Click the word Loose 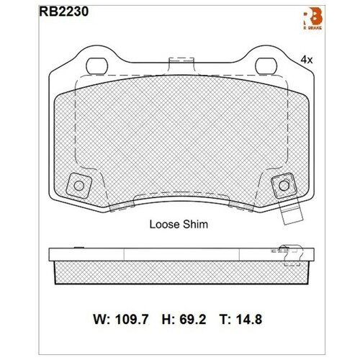[x=163, y=224]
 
